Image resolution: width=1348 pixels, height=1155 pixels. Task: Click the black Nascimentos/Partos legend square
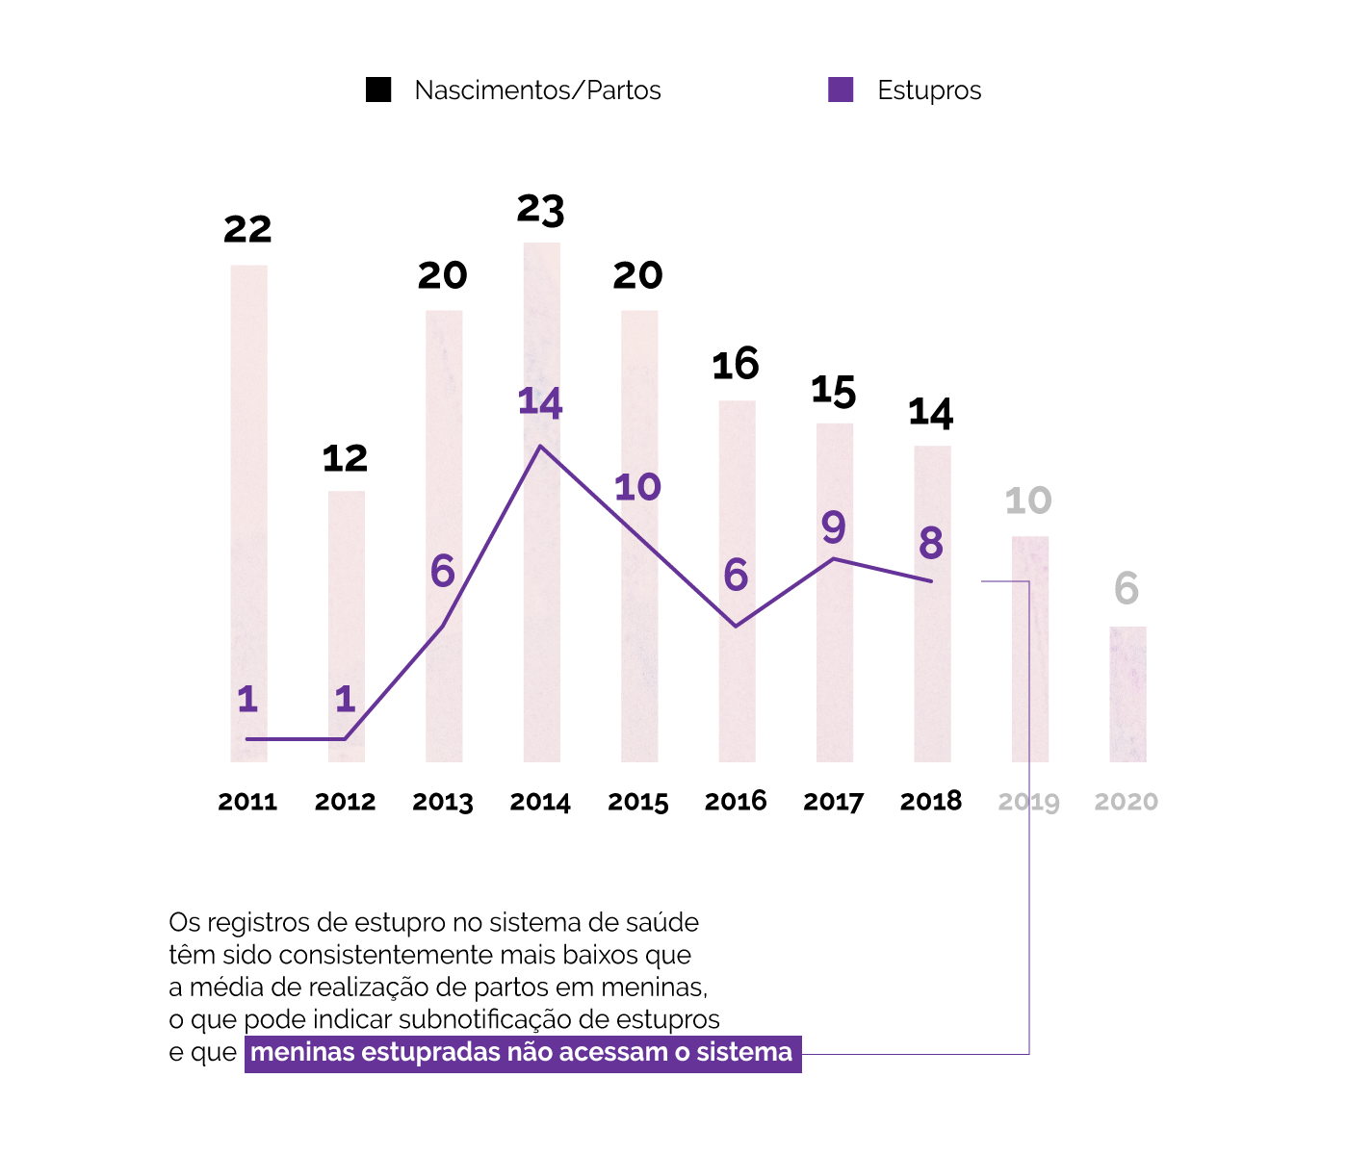tap(378, 90)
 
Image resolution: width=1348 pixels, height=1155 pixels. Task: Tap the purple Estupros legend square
tap(841, 90)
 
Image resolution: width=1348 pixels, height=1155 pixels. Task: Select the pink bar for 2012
tap(347, 626)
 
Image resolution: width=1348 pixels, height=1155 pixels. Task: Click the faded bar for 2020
tap(1128, 694)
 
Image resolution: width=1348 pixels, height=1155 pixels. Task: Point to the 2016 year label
tap(736, 801)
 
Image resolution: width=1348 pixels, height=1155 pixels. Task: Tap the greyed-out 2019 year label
tap(1028, 802)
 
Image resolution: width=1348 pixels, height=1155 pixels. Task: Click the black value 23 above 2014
tap(540, 209)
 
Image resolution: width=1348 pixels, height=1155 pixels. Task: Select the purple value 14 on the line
tap(540, 402)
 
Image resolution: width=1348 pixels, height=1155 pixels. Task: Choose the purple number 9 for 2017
tap(834, 527)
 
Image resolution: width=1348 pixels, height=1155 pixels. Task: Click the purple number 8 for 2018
tap(931, 544)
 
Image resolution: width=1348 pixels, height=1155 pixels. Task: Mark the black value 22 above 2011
tap(247, 229)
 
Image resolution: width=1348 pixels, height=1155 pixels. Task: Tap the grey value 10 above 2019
tap(1028, 500)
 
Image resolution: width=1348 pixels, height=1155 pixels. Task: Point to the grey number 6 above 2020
tap(1127, 589)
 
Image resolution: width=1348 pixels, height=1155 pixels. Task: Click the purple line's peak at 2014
tap(541, 447)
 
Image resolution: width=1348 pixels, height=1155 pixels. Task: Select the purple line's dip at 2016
tap(737, 627)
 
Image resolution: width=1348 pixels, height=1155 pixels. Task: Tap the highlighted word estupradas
tap(435, 1052)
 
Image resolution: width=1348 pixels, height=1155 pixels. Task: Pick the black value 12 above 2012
tap(345, 458)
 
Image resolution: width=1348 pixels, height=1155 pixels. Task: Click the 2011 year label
tap(247, 802)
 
